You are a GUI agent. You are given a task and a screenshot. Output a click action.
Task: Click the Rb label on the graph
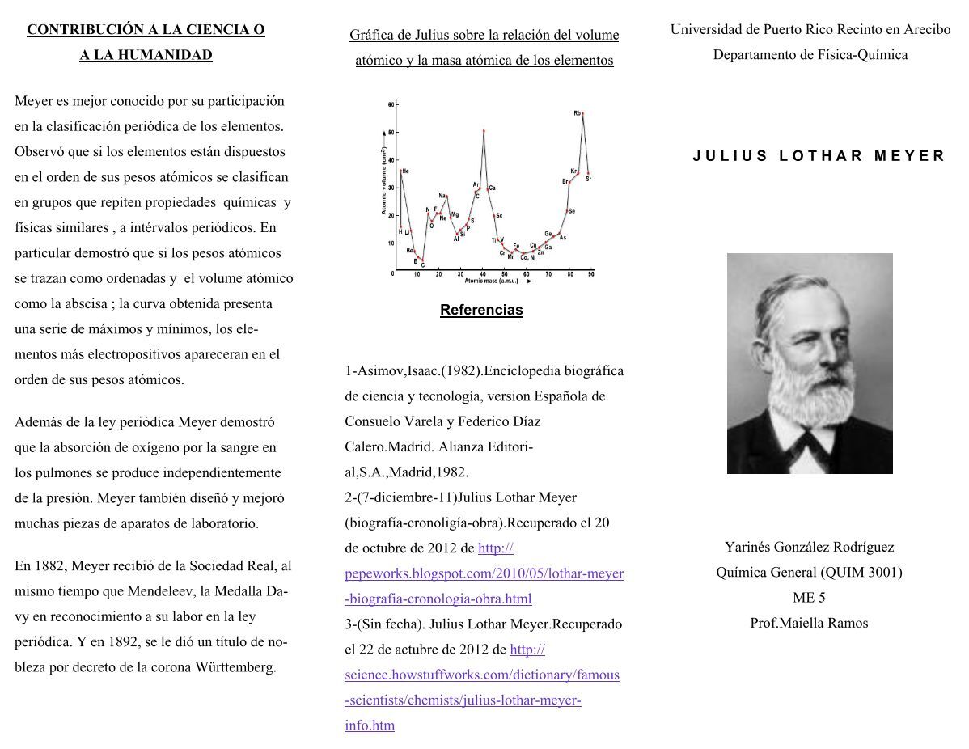point(577,113)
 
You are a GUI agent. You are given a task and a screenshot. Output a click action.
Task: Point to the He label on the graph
point(405,171)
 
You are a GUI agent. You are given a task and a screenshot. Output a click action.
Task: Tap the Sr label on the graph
point(588,178)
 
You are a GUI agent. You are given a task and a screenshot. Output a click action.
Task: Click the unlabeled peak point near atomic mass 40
point(484,131)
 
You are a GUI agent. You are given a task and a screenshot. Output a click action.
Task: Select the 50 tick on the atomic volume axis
point(391,132)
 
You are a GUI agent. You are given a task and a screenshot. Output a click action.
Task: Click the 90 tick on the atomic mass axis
point(591,274)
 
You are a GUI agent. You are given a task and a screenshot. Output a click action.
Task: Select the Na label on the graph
point(442,196)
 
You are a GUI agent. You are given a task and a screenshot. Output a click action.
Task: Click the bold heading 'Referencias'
point(481,310)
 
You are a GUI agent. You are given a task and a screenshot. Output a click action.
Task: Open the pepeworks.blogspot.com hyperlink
point(484,573)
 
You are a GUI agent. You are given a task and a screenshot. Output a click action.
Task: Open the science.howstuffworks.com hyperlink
point(481,675)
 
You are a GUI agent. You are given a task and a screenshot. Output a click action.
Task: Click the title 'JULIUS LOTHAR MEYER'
point(819,156)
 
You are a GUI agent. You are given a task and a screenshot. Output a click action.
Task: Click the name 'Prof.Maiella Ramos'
point(809,623)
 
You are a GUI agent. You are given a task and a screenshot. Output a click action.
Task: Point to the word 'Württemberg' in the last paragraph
point(239,667)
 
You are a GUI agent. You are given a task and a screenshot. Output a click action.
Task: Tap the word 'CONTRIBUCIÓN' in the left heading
point(75,30)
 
